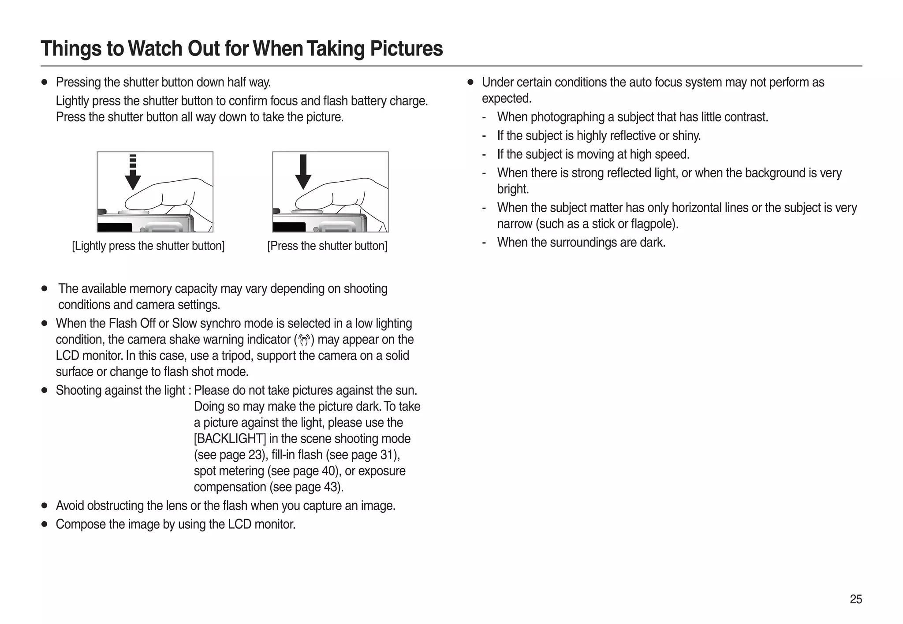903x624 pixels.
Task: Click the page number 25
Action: pyautogui.click(x=855, y=599)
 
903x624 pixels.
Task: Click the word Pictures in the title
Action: pyautogui.click(x=406, y=49)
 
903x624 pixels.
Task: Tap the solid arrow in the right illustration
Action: pyautogui.click(x=303, y=172)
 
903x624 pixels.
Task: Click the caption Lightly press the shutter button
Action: pyautogui.click(x=148, y=246)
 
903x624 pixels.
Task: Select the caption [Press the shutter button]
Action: pyautogui.click(x=327, y=246)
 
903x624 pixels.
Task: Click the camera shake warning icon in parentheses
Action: pyautogui.click(x=304, y=340)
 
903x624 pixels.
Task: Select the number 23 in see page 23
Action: pyautogui.click(x=254, y=455)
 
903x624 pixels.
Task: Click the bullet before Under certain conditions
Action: pyautogui.click(x=470, y=82)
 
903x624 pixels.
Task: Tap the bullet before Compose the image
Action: pyautogui.click(x=44, y=524)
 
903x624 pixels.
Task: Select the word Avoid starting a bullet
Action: pyautogui.click(x=70, y=506)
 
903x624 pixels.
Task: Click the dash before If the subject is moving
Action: pyautogui.click(x=485, y=155)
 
